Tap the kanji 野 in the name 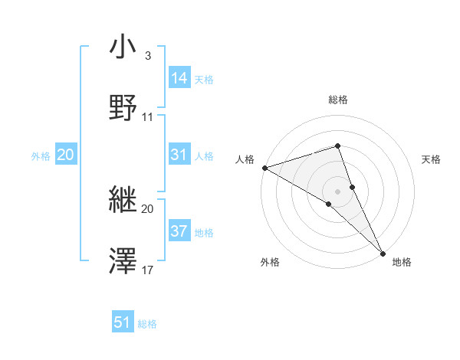(x=123, y=108)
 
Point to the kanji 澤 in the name (x=123, y=261)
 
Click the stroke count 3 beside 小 (x=147, y=56)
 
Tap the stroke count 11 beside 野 (x=148, y=117)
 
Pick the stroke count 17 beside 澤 (x=148, y=270)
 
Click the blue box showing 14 (x=179, y=78)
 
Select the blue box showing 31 (x=179, y=155)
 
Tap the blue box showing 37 (x=179, y=231)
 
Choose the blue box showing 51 (x=123, y=322)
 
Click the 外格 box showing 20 (x=65, y=155)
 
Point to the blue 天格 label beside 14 (x=204, y=80)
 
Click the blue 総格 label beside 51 (x=147, y=324)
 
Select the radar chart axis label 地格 (x=402, y=262)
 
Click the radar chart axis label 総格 (x=338, y=100)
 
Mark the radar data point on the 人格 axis (x=264, y=167)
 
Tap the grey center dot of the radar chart (x=338, y=190)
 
